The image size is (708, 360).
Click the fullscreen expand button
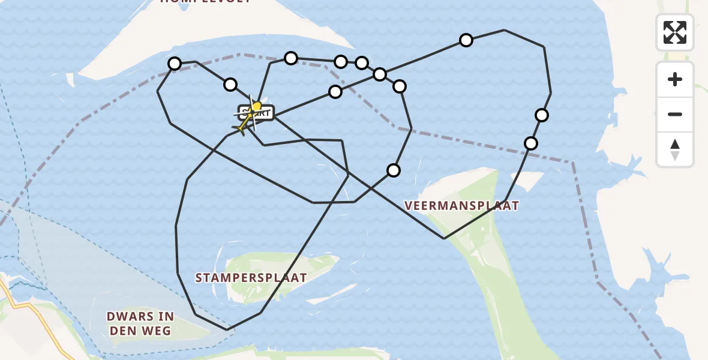click(x=675, y=32)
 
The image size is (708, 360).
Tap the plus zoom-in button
click(x=675, y=79)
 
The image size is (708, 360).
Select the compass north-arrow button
click(x=675, y=150)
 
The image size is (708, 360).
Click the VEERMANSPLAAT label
click(x=461, y=206)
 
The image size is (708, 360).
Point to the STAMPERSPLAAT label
click(x=251, y=278)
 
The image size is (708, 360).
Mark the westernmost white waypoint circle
click(x=175, y=64)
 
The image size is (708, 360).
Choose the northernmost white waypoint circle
click(x=466, y=40)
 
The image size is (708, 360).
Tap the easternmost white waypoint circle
click(x=542, y=115)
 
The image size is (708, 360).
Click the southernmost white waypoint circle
click(x=394, y=170)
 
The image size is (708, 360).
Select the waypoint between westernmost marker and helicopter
click(x=230, y=85)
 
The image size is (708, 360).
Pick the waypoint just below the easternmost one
click(x=531, y=143)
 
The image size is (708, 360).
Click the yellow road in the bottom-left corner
click(x=36, y=318)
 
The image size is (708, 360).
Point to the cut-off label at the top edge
click(x=205, y=2)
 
